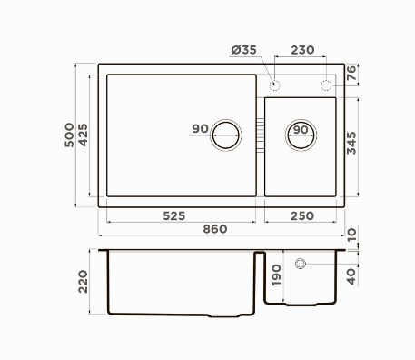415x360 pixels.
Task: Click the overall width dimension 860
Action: tap(215, 229)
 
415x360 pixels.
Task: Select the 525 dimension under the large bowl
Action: tap(174, 216)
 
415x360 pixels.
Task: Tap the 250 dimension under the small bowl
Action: tap(302, 216)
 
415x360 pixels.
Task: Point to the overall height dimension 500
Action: tap(69, 135)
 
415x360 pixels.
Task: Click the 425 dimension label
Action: tap(83, 135)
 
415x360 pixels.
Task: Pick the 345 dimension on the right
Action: tap(351, 143)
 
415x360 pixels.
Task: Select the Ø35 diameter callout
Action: tap(244, 50)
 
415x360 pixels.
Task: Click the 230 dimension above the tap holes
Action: tap(302, 50)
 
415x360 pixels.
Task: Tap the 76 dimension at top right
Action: tap(351, 73)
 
